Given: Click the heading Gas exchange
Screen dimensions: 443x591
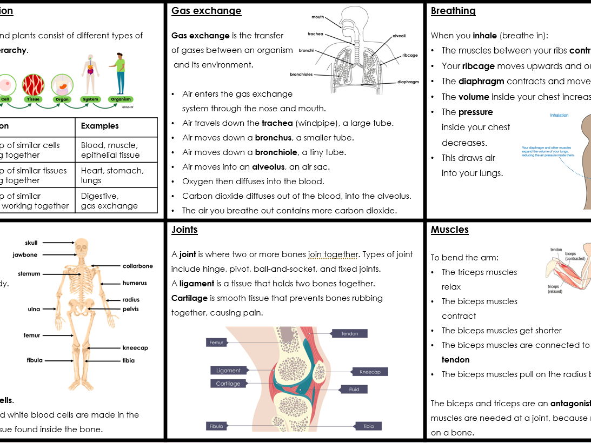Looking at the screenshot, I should [206, 11].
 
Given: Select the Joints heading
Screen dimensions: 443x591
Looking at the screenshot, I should [184, 230].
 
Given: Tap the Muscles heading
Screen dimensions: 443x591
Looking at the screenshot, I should [449, 230].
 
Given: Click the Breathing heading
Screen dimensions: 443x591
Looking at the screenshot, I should [453, 11].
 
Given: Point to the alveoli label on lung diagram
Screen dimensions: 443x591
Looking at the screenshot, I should [399, 36].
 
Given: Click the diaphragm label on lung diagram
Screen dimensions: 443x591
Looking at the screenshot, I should [408, 82].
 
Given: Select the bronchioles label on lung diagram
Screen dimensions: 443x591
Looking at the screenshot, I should [301, 75].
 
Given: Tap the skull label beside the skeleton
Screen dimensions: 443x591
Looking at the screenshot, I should [31, 243].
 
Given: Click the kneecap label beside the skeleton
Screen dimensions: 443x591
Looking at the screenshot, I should [135, 348].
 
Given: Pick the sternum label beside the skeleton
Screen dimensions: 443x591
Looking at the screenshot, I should [29, 274].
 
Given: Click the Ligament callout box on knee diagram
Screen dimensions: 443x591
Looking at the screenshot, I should [228, 371].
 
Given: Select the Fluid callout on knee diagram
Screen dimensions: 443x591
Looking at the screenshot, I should [354, 389].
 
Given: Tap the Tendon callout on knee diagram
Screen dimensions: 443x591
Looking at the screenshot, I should [349, 334].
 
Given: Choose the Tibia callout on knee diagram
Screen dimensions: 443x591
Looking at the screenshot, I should [368, 426].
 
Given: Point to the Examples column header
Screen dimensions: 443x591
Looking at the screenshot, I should [99, 126].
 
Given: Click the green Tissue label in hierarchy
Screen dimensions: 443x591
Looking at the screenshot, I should [33, 99].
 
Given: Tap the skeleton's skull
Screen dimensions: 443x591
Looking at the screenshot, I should [81, 247].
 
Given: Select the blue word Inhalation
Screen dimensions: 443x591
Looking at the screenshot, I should [559, 115].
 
